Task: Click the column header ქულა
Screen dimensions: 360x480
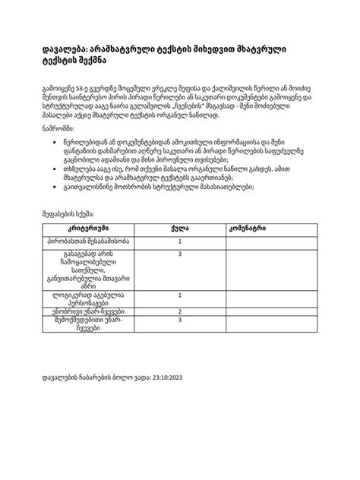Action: (179, 249)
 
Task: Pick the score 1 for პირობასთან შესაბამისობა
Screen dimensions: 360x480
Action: (179, 263)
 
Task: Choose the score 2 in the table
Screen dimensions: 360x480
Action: (179, 333)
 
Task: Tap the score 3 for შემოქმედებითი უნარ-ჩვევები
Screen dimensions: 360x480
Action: (179, 342)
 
